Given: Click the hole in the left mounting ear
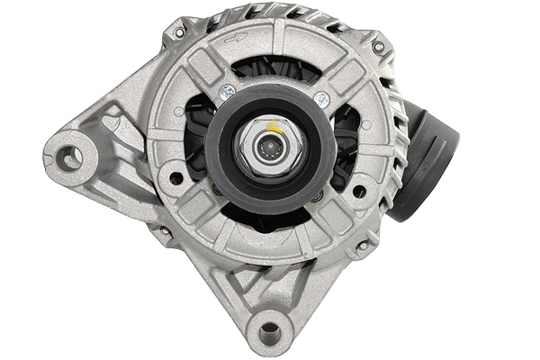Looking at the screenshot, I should coord(68,159).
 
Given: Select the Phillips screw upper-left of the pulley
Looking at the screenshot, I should coord(229,91).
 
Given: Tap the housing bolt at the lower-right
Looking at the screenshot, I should coord(363,245).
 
